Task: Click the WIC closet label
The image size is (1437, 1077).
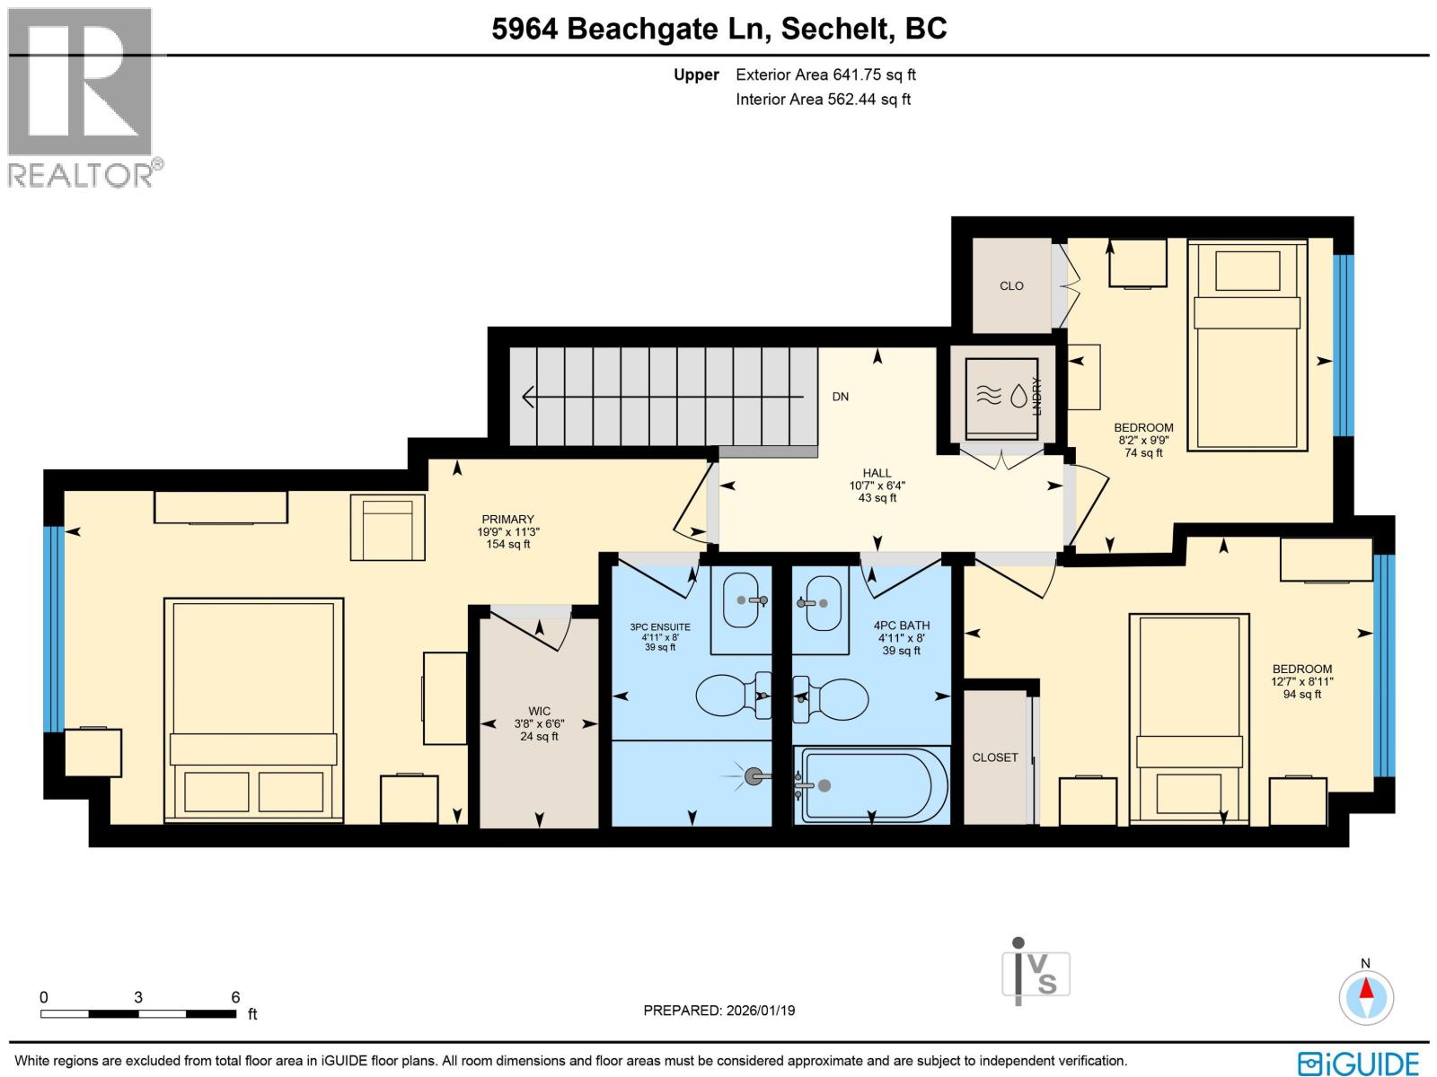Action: (x=539, y=711)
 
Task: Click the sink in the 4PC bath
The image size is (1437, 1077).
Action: (x=821, y=602)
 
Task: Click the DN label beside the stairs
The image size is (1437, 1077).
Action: (x=840, y=397)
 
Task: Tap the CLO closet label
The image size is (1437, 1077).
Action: (x=1011, y=285)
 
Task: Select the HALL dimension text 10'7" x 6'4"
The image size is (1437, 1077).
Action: (x=877, y=486)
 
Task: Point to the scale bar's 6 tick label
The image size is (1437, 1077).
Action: (x=235, y=997)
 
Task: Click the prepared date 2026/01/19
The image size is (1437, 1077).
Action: (x=718, y=1011)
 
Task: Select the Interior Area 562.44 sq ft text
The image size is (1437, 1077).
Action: (x=823, y=100)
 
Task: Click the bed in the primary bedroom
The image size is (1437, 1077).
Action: (x=253, y=709)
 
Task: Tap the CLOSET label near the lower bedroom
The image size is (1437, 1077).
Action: (x=994, y=757)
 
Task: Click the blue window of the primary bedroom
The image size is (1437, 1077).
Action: (x=54, y=628)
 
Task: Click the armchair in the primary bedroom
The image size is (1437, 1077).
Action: (x=388, y=528)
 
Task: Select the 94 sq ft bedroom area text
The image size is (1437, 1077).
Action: (x=1301, y=694)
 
